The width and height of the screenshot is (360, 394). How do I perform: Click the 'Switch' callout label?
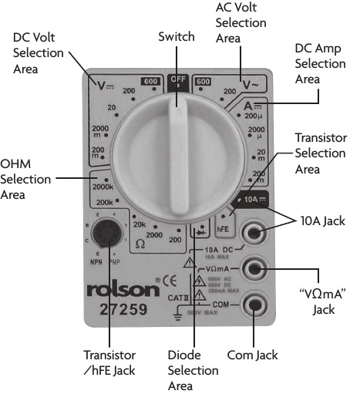coord(177,36)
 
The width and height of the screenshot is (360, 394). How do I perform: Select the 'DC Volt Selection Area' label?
coord(36,53)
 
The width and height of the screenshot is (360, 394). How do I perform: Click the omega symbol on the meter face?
coord(140,243)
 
